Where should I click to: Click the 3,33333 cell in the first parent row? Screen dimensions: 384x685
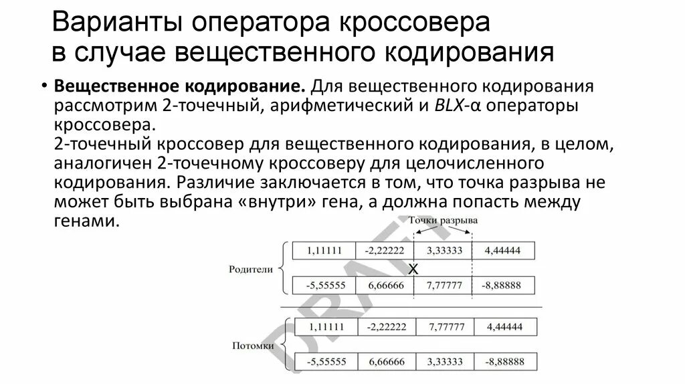point(442,251)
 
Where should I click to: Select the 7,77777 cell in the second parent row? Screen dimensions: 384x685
point(442,285)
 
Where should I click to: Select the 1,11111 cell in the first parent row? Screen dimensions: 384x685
point(324,251)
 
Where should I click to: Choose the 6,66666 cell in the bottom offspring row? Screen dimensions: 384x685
point(386,361)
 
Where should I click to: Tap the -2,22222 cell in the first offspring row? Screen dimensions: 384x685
point(386,327)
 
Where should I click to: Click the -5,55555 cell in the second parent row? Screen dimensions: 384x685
point(324,285)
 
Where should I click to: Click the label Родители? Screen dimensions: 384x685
point(251,269)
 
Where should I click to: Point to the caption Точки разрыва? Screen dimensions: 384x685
point(444,220)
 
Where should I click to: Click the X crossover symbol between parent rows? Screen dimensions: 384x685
point(413,269)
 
